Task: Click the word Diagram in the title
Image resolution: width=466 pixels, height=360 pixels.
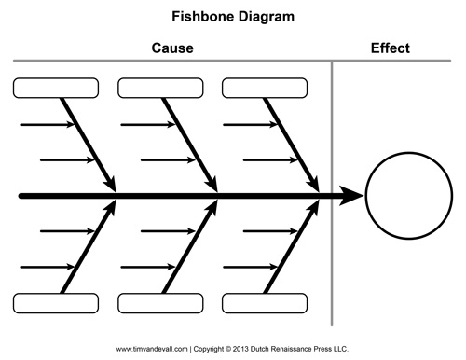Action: [x=267, y=18]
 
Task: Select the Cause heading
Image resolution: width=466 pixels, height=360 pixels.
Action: [x=172, y=48]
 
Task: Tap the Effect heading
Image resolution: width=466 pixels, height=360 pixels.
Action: [x=391, y=48]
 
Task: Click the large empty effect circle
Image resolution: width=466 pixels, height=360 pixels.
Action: [x=365, y=196]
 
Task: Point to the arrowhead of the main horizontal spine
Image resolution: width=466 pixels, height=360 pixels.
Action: [x=351, y=196]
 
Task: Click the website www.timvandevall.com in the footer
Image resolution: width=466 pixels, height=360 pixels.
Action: [x=152, y=349]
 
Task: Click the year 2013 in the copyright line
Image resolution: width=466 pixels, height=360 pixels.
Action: [x=240, y=349]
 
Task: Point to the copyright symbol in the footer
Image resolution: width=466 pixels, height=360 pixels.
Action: [x=228, y=349]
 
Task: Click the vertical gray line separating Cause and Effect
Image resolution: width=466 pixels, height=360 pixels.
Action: [x=332, y=193]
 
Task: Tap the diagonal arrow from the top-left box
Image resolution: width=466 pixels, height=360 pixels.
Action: [x=89, y=145]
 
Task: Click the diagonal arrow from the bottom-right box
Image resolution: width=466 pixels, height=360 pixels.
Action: [x=292, y=246]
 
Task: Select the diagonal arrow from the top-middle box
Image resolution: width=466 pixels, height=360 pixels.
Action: [x=190, y=145]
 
